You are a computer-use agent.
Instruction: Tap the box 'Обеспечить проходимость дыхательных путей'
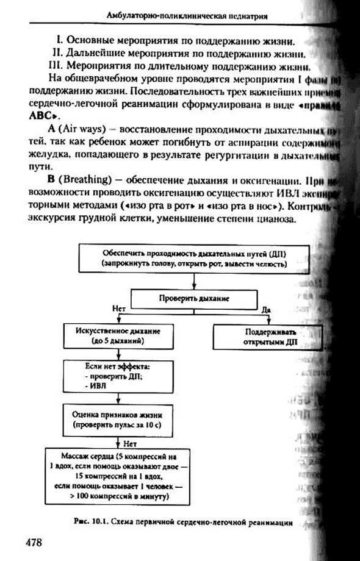pos(193,259)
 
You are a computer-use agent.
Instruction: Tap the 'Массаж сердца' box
pos(118,476)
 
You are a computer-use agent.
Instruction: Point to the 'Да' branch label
pos(266,310)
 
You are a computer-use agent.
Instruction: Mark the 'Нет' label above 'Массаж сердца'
pos(129,444)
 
